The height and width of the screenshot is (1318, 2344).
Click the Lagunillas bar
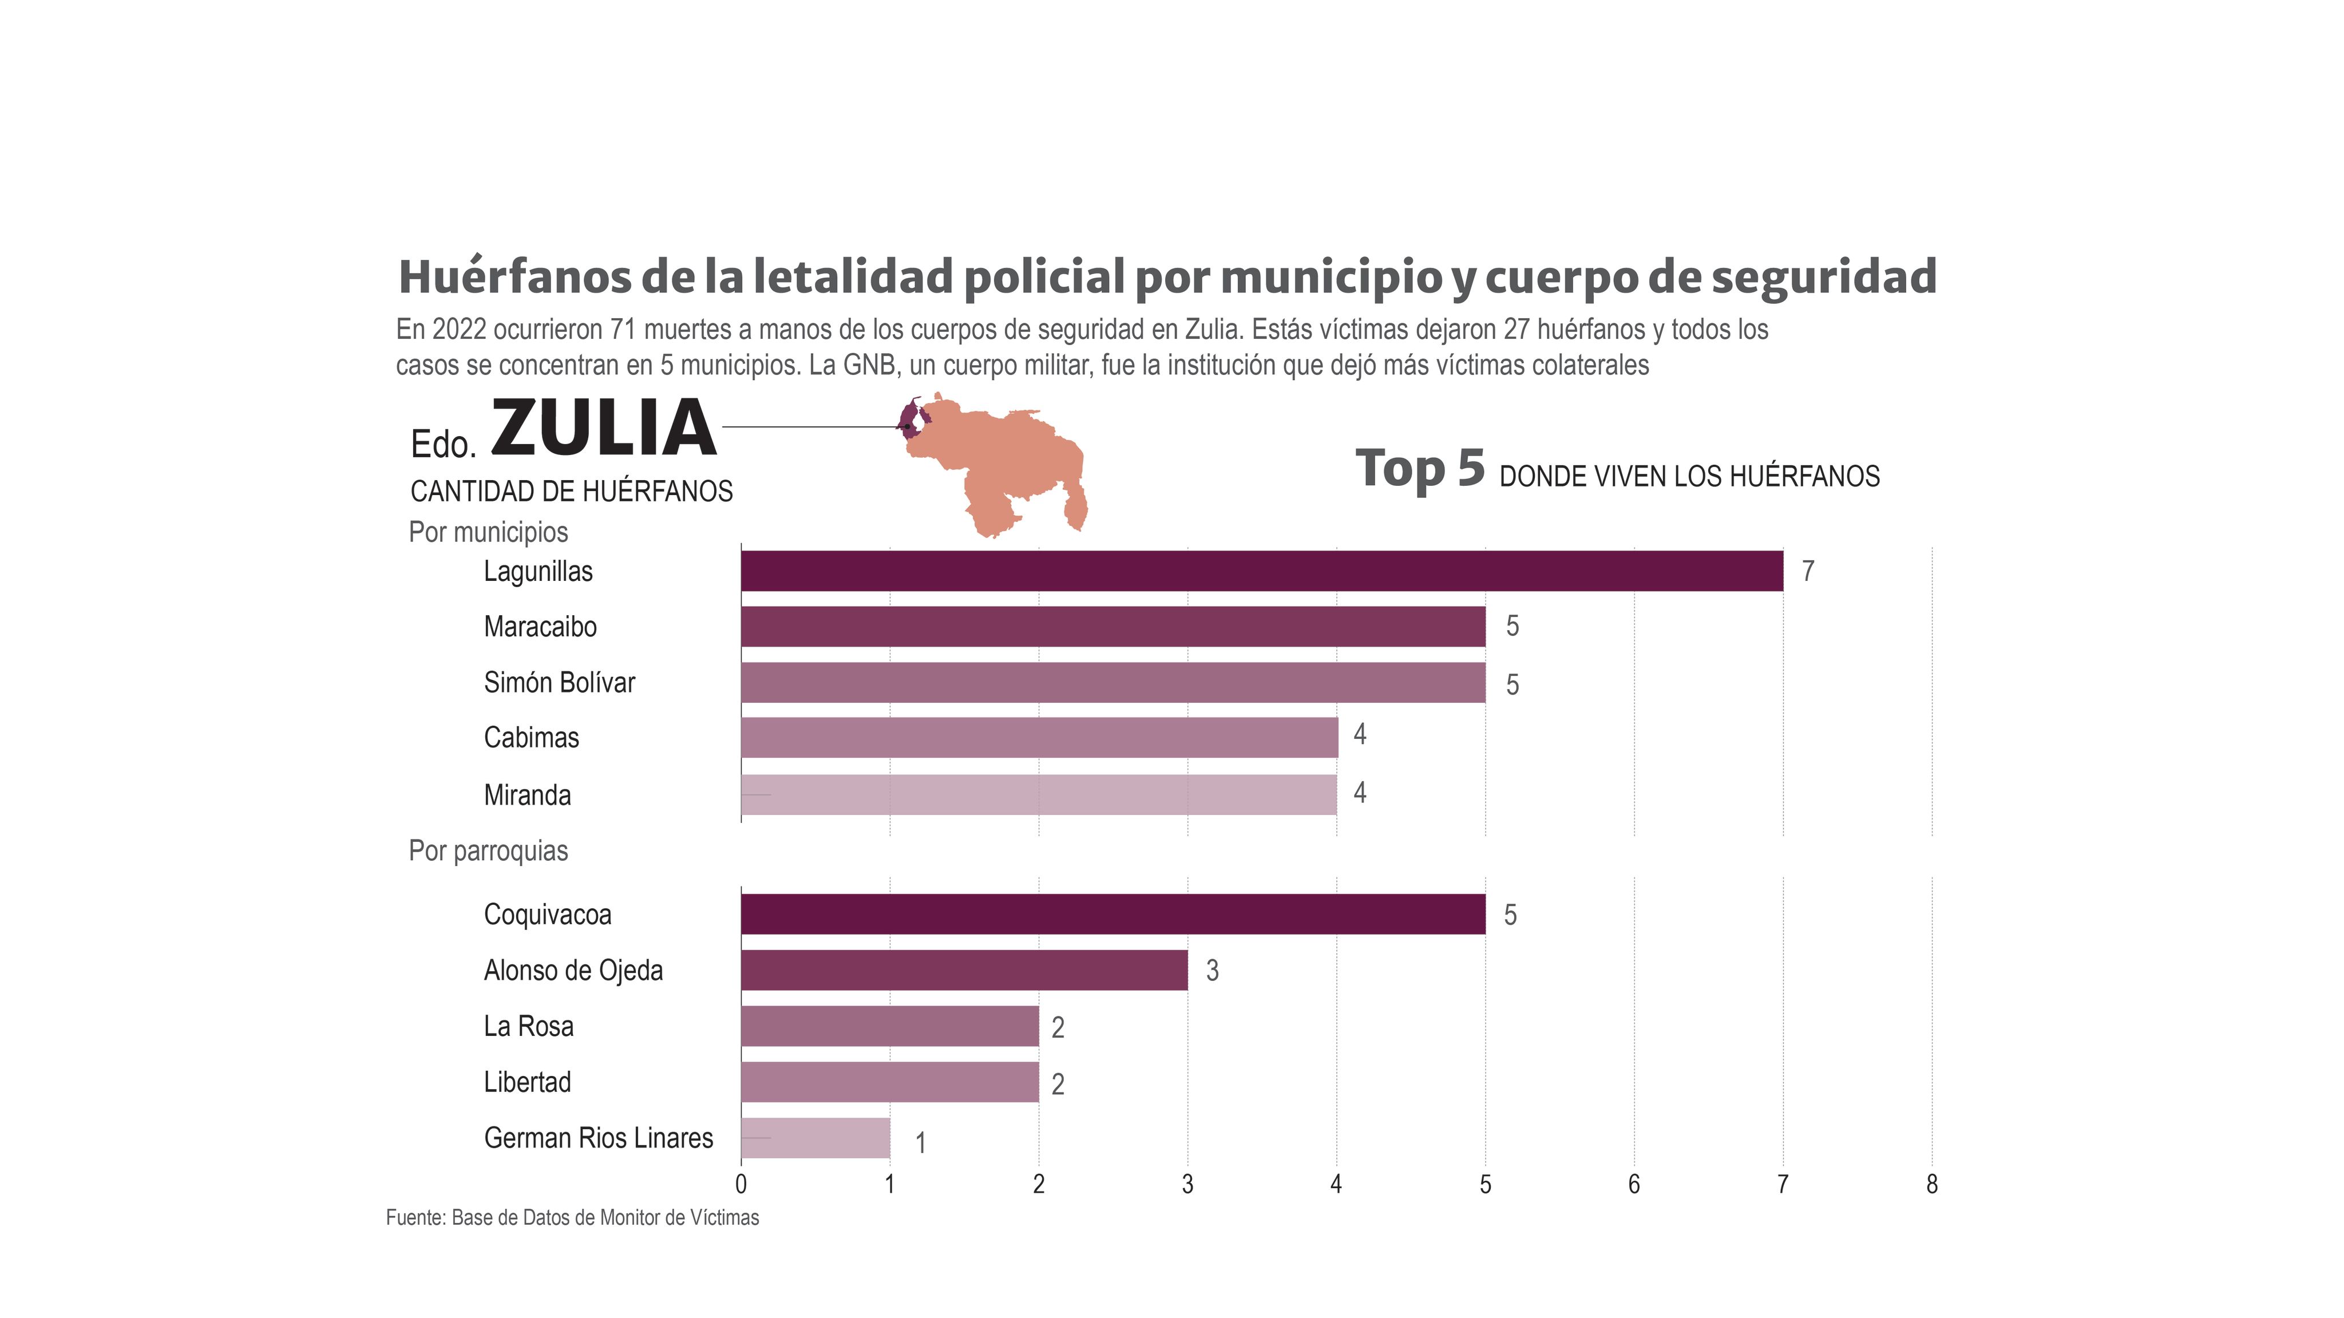1261,571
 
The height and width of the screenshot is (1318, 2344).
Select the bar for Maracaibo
1113,626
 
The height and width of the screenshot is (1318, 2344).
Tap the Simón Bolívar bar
1113,683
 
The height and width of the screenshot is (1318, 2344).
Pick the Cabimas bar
1039,737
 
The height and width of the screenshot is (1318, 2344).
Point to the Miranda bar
1038,794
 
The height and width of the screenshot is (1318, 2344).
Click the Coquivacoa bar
1113,914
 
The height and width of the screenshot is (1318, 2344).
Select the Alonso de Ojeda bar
964,970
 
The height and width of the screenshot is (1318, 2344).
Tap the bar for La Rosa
889,1026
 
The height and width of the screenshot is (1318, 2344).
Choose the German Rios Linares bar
815,1138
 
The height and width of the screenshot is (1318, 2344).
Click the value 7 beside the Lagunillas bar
1808,571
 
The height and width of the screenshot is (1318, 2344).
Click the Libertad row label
528,1082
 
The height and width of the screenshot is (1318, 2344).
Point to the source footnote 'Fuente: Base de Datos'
572,1218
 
